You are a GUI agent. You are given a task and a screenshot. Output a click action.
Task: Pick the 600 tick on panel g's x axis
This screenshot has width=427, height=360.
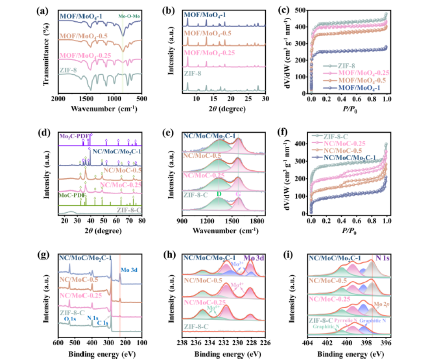[58, 344]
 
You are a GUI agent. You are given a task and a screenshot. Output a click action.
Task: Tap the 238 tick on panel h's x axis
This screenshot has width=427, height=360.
[182, 344]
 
